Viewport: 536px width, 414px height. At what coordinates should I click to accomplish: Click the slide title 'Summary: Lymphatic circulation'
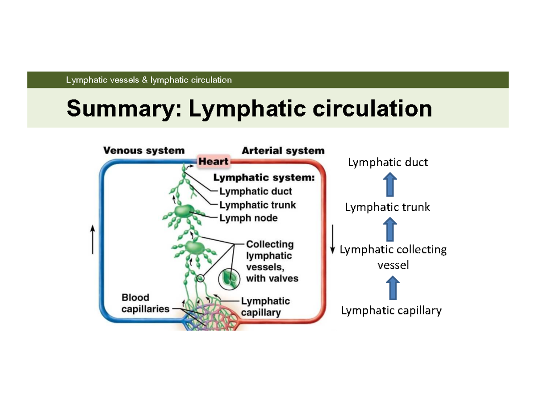point(249,109)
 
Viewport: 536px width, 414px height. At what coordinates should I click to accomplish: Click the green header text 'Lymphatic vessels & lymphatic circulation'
point(149,80)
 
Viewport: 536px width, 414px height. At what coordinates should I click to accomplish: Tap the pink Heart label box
point(213,162)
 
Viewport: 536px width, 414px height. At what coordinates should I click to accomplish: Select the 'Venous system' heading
point(144,151)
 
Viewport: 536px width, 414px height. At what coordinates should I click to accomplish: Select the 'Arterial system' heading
point(283,151)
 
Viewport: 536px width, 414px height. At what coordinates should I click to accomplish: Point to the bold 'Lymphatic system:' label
point(264,178)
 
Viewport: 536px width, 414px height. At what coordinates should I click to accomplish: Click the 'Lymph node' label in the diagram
point(248,218)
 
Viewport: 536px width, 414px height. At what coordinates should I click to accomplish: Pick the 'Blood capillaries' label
point(142,303)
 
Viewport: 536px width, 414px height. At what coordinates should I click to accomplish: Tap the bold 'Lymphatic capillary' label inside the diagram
point(265,307)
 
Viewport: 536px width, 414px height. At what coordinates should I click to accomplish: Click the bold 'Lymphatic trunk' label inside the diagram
point(257,205)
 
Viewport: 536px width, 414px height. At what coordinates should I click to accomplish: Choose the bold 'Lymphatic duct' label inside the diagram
point(255,192)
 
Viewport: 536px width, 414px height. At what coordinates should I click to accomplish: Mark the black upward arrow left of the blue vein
point(92,239)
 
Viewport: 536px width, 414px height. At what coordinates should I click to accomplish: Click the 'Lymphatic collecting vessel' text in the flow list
point(393,257)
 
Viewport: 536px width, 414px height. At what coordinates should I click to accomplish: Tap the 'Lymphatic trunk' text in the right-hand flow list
point(387,207)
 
